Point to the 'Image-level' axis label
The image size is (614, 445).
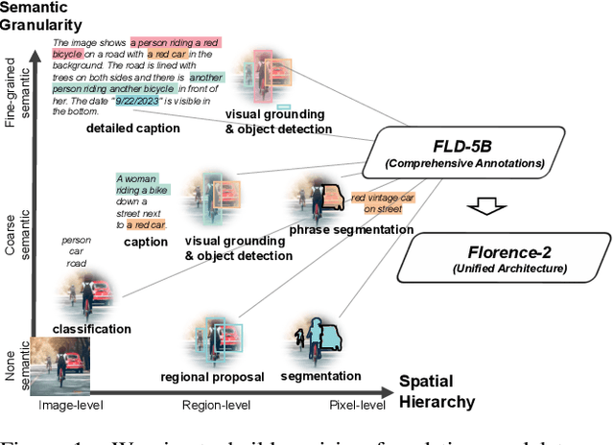click(69, 406)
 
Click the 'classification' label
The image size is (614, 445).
click(92, 329)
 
